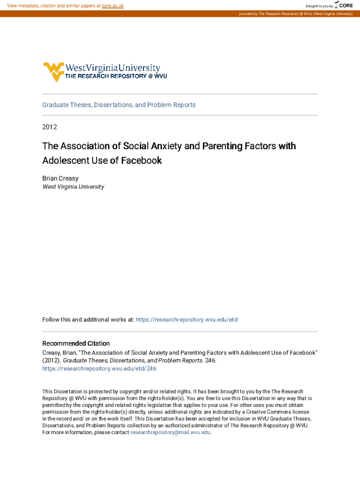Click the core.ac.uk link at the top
click(112, 6)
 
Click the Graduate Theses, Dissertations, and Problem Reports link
click(119, 105)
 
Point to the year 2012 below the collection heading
click(50, 127)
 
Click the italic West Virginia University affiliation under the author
click(73, 187)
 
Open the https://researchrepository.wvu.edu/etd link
click(187, 319)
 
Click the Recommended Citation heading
click(76, 343)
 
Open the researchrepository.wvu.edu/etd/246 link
click(99, 369)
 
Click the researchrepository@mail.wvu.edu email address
click(171, 433)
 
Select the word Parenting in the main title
click(222, 146)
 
